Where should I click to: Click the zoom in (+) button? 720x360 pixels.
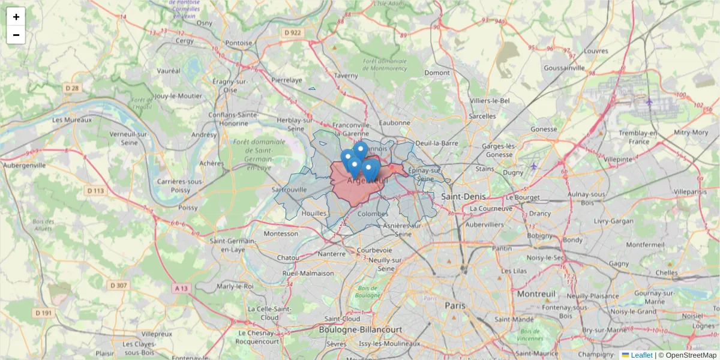click(x=16, y=17)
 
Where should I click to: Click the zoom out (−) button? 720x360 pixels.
click(x=16, y=35)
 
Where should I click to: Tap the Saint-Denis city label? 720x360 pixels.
click(x=463, y=196)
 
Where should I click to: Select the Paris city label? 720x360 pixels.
click(x=455, y=305)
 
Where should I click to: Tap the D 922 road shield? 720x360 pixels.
click(x=293, y=32)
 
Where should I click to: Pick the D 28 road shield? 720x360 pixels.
click(x=71, y=88)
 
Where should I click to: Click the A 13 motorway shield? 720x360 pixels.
click(x=181, y=288)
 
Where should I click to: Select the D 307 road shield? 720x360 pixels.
click(x=118, y=286)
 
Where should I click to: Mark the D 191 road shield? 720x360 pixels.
click(x=43, y=313)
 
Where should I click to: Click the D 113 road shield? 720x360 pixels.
click(x=95, y=191)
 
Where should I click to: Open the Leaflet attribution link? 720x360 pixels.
click(x=641, y=355)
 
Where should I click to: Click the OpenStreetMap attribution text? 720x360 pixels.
click(x=691, y=355)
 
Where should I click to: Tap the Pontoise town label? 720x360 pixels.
click(x=239, y=43)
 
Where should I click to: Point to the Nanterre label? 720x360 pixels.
click(x=332, y=254)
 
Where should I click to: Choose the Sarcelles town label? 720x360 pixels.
click(x=482, y=116)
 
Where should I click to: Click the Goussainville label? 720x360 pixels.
click(x=563, y=68)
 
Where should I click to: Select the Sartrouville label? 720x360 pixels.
click(x=289, y=189)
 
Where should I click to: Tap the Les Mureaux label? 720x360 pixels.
click(x=72, y=119)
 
